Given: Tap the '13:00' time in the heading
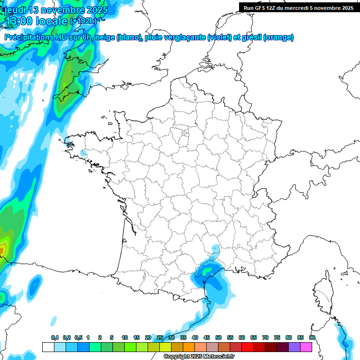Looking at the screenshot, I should coord(20,21).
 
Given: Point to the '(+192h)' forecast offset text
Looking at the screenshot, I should coord(83,21).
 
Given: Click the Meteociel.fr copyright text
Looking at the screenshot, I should coord(199,357).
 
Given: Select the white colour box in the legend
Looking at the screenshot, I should coord(48,347).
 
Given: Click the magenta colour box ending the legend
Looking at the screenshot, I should coord(306,347).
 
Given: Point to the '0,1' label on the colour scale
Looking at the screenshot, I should coord(55,337).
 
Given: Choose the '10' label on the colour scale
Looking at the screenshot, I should coord(124,337).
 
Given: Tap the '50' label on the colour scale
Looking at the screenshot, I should coord(218,337).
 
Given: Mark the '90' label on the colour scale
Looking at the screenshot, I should coord(312,337).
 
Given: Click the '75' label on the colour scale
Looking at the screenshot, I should coord(277,337).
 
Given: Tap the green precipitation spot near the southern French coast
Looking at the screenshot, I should coord(207,270).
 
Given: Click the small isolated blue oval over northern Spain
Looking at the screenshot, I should coord(34,284).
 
